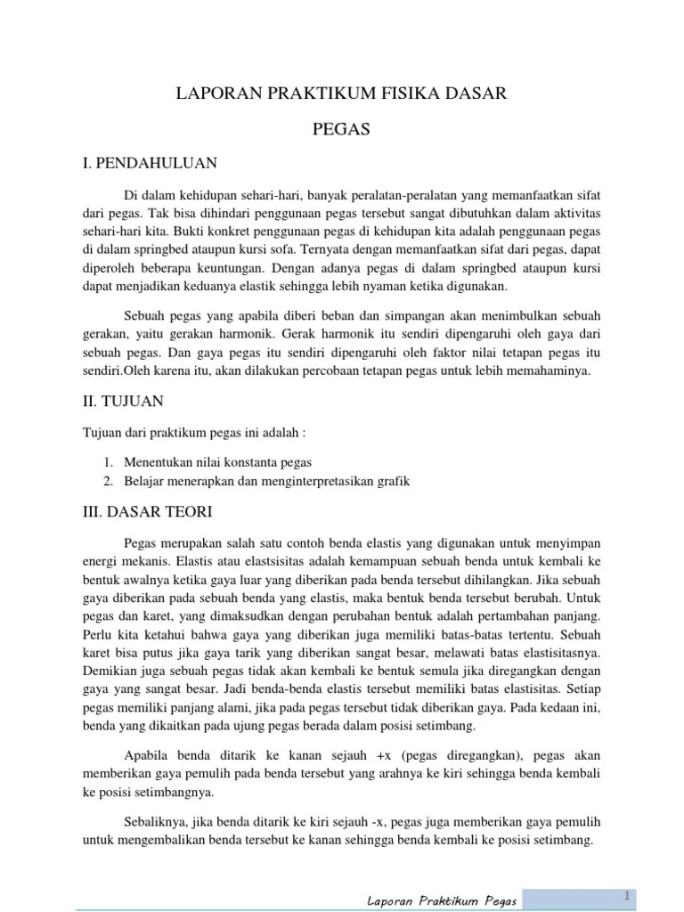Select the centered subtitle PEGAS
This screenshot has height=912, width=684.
pos(341,130)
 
